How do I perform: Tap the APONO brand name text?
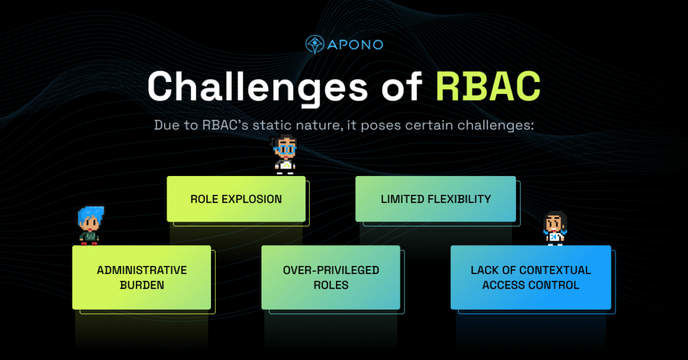355,45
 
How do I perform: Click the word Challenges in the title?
255,87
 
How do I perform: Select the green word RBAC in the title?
487,87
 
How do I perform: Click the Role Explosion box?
236,199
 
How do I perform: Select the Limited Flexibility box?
435,199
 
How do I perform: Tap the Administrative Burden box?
142,277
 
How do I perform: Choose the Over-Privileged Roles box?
331,277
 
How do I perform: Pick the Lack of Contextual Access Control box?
531,277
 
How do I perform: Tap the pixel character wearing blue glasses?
285,155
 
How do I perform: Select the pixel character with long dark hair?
555,228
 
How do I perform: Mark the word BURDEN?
142,285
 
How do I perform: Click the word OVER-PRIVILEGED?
331,270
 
